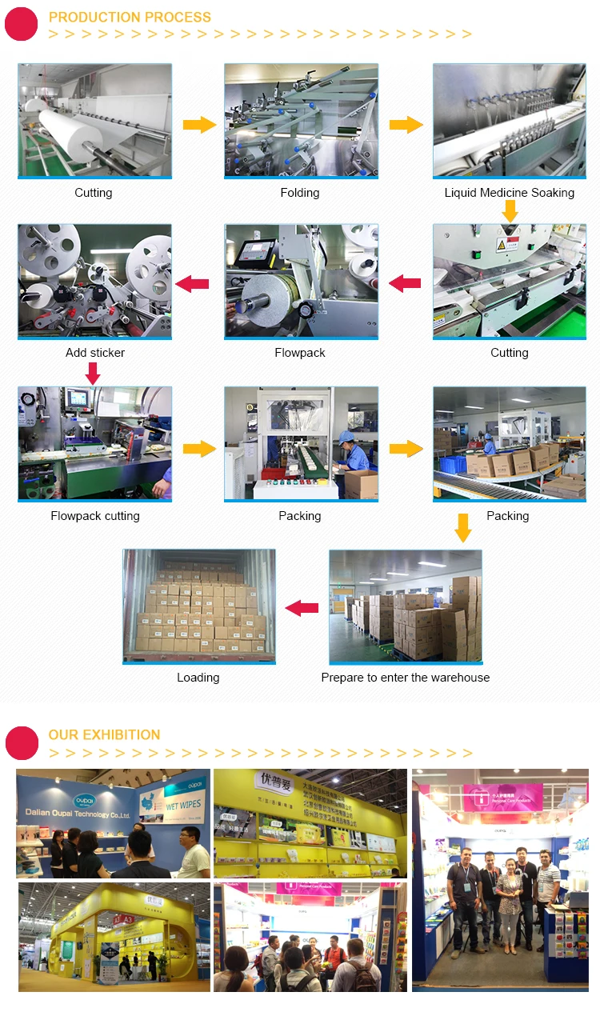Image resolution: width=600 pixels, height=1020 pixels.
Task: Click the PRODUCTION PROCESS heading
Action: pyautogui.click(x=130, y=17)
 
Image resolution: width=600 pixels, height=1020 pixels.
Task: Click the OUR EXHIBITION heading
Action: pyautogui.click(x=104, y=734)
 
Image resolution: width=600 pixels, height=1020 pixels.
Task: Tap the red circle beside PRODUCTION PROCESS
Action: pyautogui.click(x=22, y=23)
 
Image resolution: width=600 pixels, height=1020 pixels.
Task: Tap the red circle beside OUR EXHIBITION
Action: pyautogui.click(x=22, y=742)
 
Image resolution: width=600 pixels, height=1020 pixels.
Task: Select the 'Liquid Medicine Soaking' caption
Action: pyautogui.click(x=509, y=193)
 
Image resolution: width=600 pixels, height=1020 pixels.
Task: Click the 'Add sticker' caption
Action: pyautogui.click(x=95, y=353)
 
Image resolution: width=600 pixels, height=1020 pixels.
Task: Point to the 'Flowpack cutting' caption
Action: pyautogui.click(x=95, y=516)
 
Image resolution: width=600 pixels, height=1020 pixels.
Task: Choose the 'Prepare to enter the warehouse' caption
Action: pyautogui.click(x=405, y=678)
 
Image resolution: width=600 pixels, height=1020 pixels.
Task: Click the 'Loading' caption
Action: pyautogui.click(x=198, y=678)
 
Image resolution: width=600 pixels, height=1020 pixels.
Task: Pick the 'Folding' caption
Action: pyautogui.click(x=300, y=193)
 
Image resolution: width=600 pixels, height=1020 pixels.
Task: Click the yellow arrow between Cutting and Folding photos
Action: pyautogui.click(x=199, y=125)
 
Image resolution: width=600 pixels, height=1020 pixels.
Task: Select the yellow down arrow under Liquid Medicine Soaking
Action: pyautogui.click(x=510, y=211)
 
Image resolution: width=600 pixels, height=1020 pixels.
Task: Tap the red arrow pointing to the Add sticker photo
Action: pyautogui.click(x=192, y=283)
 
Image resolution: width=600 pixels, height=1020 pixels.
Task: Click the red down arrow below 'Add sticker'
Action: pyautogui.click(x=93, y=373)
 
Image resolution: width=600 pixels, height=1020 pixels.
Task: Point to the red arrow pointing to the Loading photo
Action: pyautogui.click(x=302, y=608)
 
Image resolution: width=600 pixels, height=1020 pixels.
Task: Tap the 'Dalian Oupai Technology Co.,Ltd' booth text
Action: pyautogui.click(x=76, y=814)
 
